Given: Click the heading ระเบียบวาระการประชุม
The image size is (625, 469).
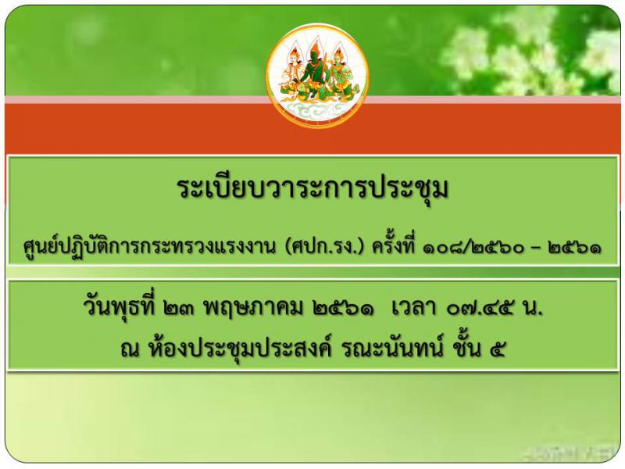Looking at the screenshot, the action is point(313,188).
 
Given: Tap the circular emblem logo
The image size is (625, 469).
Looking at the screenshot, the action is point(317,75).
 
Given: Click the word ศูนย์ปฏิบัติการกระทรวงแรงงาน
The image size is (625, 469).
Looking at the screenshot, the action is point(150,246).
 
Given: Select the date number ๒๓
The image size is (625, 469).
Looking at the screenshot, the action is point(179,309).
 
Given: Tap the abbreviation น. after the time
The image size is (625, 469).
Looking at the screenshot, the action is point(533,310).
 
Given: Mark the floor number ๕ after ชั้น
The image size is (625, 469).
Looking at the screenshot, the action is point(498,349).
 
